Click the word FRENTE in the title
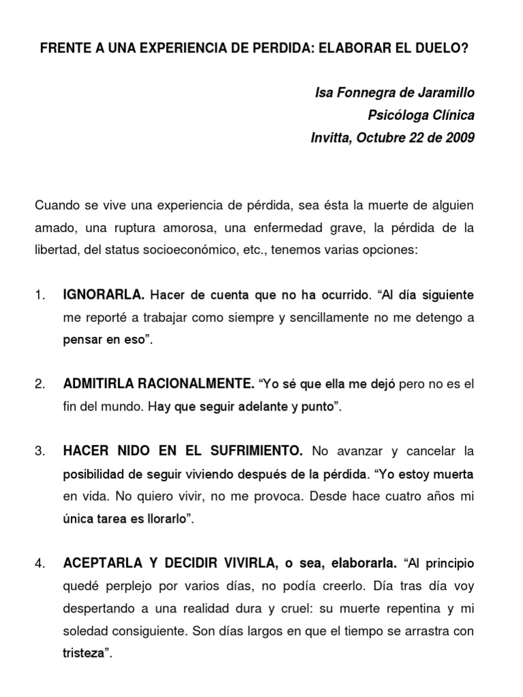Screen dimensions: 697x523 pos(63,50)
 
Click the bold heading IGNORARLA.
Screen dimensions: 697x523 pos(104,295)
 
